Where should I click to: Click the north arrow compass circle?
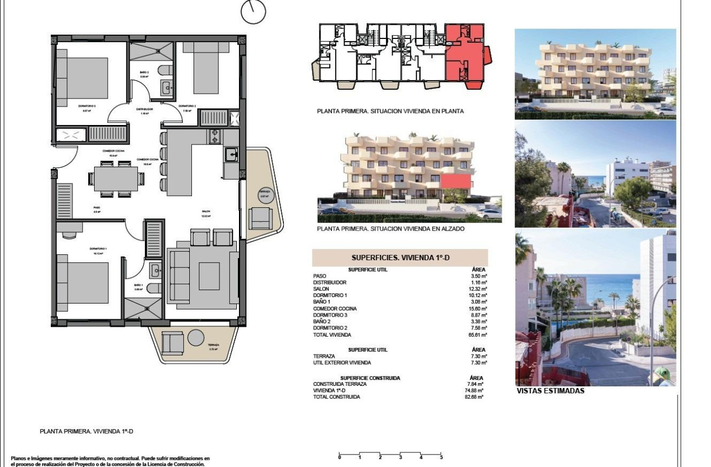coord(253,12)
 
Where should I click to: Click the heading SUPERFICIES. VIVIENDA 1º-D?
coord(400,258)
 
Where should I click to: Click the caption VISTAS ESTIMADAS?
coord(550,391)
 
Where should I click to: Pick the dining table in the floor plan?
coord(116,179)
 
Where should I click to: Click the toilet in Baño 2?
coord(167,70)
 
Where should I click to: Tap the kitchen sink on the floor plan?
coord(231,155)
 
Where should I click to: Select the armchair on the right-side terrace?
coord(260,218)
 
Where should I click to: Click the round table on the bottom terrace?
coord(196,337)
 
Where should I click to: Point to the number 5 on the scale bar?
coord(442,458)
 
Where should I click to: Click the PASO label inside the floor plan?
coord(97,207)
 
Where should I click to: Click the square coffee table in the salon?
coord(209,276)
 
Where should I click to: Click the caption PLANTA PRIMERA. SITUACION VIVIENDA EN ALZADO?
coord(391,229)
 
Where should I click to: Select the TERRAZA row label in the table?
coord(324,356)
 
